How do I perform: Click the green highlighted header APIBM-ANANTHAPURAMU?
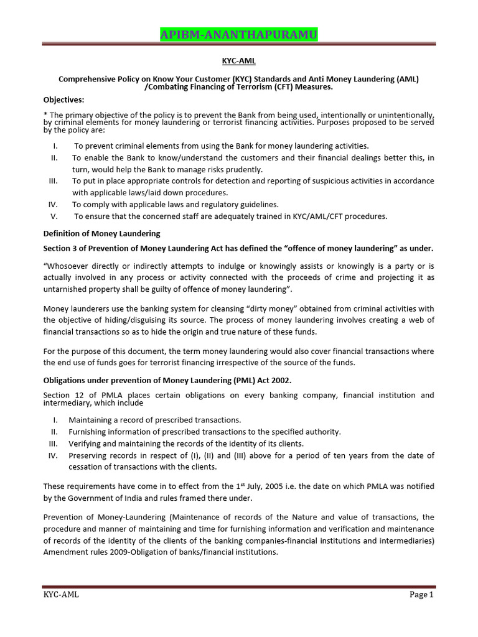coord(238,35)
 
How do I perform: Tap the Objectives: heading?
coord(63,100)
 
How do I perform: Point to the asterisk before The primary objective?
coord(45,115)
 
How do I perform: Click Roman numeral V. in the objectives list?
coord(54,216)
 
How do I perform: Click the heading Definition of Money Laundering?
coord(101,233)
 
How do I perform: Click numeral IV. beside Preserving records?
coord(53,455)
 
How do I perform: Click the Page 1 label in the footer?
coord(421,595)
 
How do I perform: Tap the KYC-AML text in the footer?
coord(61,595)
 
